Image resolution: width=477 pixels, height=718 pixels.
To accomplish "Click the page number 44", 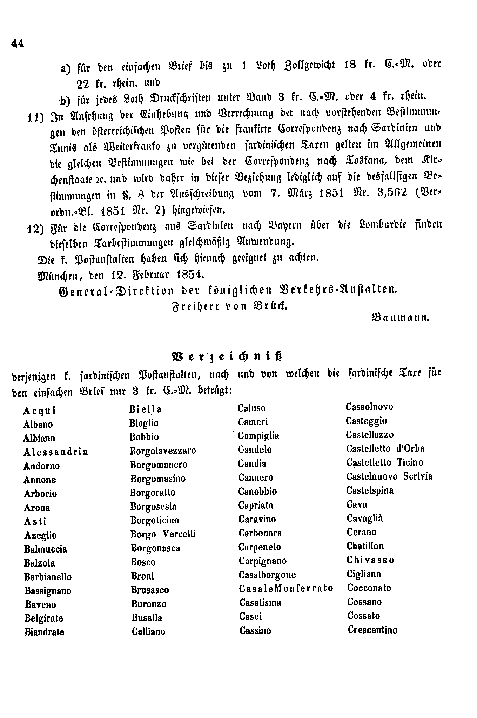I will click(x=18, y=43).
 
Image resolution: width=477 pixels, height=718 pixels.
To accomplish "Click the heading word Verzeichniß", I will click(x=226, y=356).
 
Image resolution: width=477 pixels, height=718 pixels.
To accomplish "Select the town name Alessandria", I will click(x=55, y=452).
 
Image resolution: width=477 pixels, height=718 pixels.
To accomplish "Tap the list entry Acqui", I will click(x=40, y=411).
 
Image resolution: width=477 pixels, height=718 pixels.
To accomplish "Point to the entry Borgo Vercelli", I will click(x=163, y=534).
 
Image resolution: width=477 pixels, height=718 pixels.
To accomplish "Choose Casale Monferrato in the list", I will click(x=286, y=588).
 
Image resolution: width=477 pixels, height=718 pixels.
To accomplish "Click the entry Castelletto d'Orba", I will click(x=385, y=448).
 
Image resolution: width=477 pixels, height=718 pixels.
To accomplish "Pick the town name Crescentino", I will click(x=372, y=630).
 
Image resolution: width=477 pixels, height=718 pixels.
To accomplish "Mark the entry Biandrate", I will click(x=45, y=632).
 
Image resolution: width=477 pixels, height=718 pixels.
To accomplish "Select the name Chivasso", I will click(x=370, y=560).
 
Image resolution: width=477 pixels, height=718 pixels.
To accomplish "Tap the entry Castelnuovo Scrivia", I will click(x=389, y=476).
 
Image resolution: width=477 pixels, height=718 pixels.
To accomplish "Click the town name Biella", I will click(x=145, y=409).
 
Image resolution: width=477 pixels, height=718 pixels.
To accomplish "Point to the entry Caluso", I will click(x=251, y=408).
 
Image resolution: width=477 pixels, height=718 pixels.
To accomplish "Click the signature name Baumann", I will click(x=401, y=318).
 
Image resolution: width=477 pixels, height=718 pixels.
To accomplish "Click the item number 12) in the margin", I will click(x=35, y=229).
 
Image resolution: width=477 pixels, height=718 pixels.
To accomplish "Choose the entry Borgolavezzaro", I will click(x=163, y=451).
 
